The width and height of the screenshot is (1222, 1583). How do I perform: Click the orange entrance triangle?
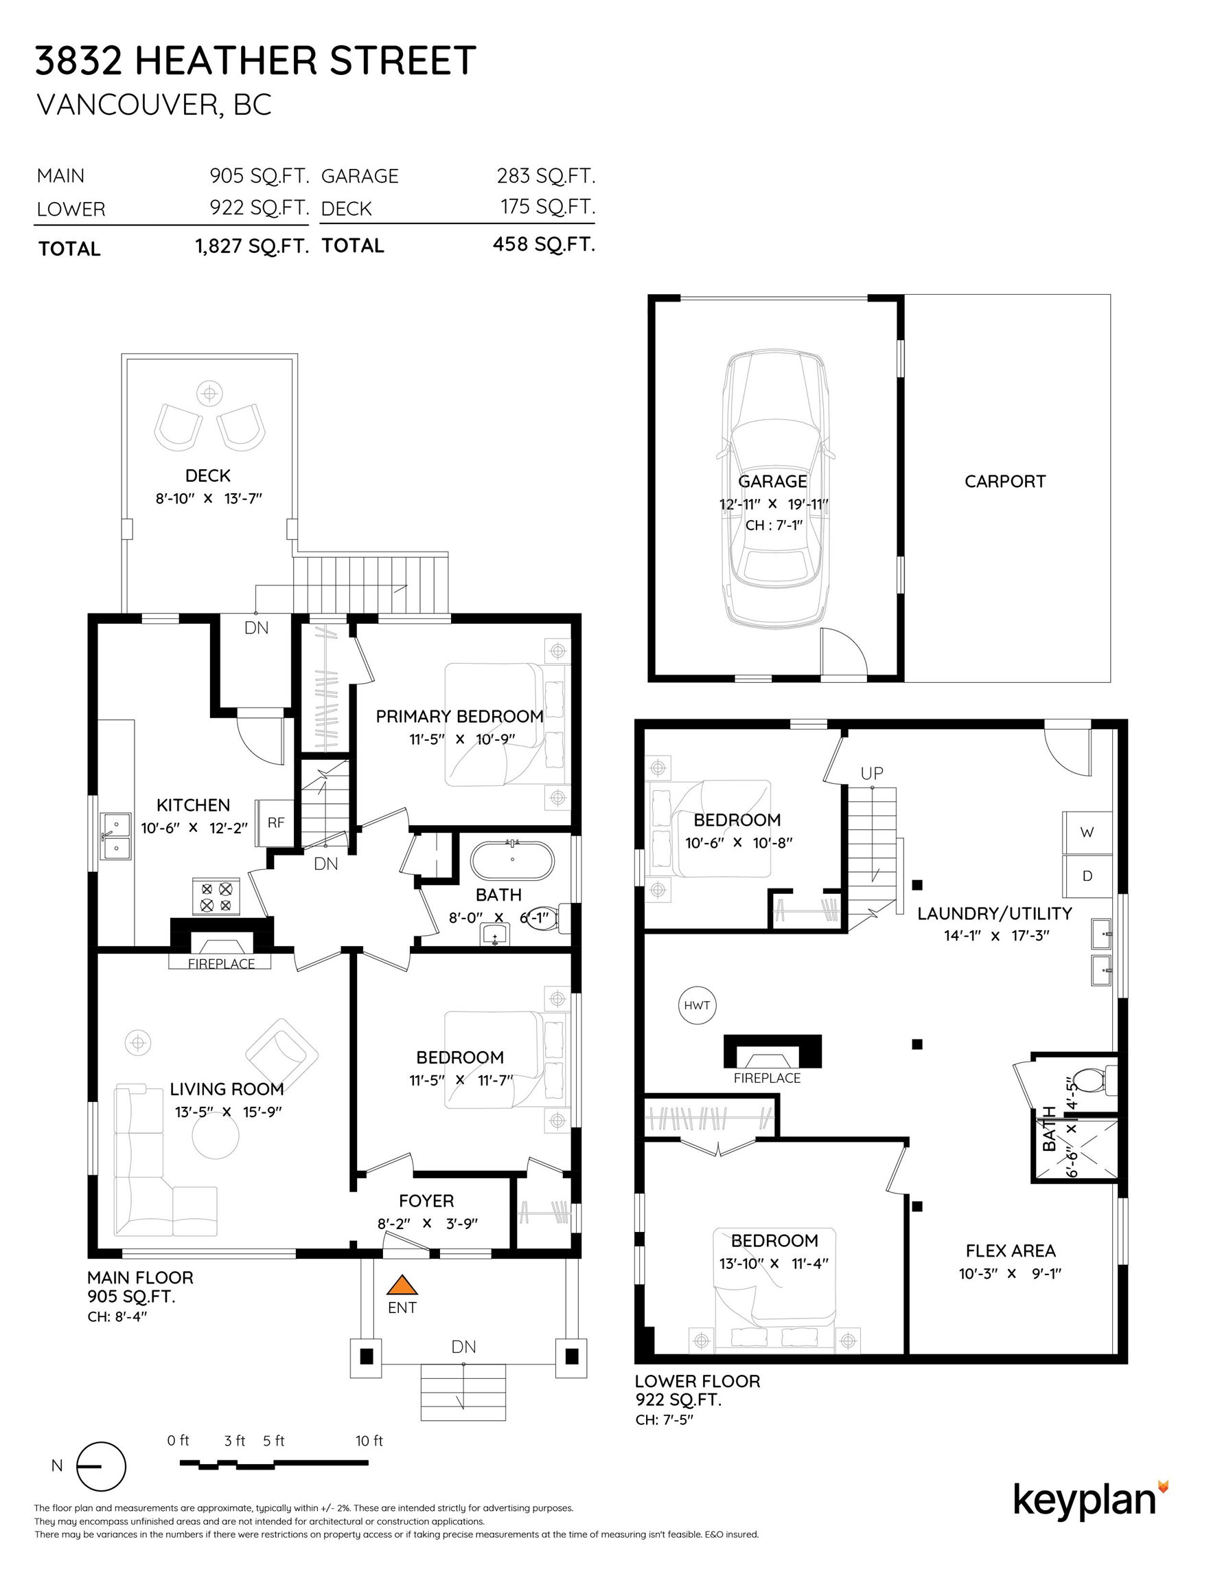click(x=402, y=1285)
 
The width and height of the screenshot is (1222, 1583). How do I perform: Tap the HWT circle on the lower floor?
click(x=697, y=1005)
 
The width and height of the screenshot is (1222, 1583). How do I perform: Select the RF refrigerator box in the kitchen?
click(x=275, y=822)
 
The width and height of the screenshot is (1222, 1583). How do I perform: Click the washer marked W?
click(x=1087, y=833)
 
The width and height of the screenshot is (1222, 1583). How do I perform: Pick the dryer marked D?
click(x=1087, y=876)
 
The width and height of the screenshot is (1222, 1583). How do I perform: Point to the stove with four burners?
click(x=216, y=896)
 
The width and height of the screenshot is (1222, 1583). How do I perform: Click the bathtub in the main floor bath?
click(x=512, y=860)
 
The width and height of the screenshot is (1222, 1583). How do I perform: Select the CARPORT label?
click(x=1004, y=481)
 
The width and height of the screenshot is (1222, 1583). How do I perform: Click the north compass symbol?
click(x=101, y=1466)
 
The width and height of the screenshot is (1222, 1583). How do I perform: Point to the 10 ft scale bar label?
click(x=369, y=1441)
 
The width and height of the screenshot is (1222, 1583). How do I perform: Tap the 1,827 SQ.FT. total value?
click(x=252, y=247)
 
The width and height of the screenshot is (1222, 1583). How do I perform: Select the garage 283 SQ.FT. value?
click(x=546, y=176)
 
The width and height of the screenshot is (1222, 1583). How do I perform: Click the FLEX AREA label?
click(x=1011, y=1250)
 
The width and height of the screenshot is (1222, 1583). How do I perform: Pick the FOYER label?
click(x=426, y=1201)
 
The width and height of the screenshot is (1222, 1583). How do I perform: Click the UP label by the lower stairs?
click(x=872, y=774)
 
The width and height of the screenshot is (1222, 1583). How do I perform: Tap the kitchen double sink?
click(x=115, y=835)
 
